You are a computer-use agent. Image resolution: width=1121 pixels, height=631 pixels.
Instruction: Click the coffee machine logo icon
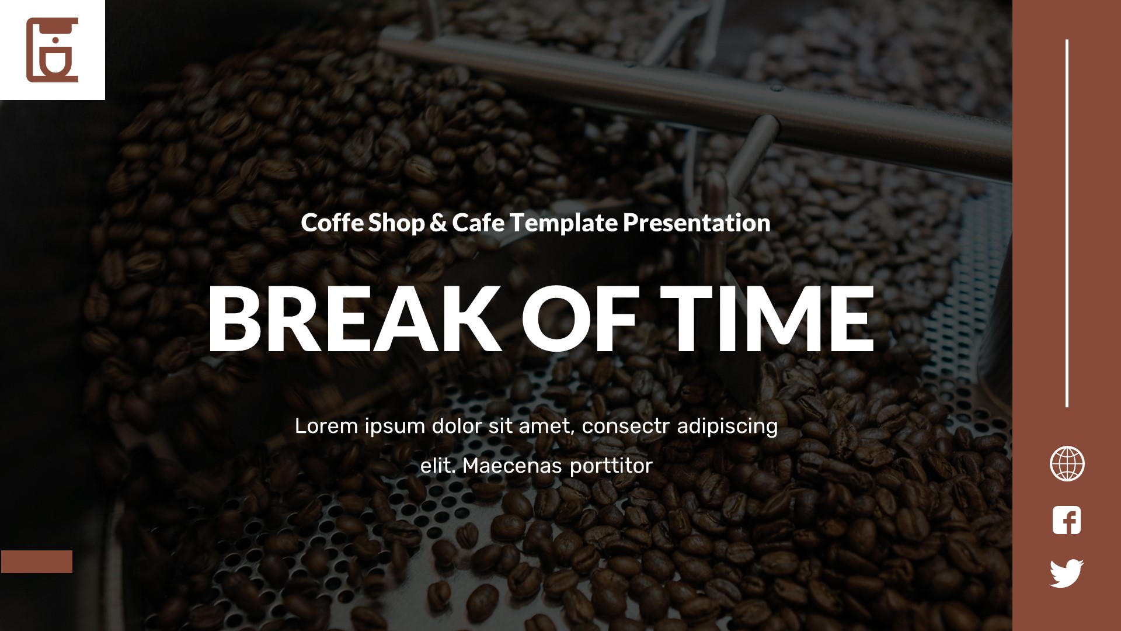point(52,50)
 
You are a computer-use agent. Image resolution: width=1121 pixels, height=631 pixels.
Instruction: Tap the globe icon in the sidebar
point(1067,464)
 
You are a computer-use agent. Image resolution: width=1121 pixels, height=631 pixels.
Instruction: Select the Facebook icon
point(1067,520)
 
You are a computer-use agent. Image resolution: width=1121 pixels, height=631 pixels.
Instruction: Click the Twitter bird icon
point(1067,573)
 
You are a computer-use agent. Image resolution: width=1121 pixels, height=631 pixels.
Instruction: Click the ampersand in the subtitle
point(438,223)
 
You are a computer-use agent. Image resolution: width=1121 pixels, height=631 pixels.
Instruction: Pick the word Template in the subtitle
point(563,223)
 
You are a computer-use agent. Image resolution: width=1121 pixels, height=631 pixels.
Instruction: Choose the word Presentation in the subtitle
point(697,223)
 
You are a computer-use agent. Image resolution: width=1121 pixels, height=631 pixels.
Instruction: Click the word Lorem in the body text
point(326,426)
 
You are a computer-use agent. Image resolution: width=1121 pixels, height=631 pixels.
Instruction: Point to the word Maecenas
point(512,466)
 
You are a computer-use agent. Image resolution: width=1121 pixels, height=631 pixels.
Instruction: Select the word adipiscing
point(727,426)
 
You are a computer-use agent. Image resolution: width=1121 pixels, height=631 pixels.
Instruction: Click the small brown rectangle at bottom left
point(37,561)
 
